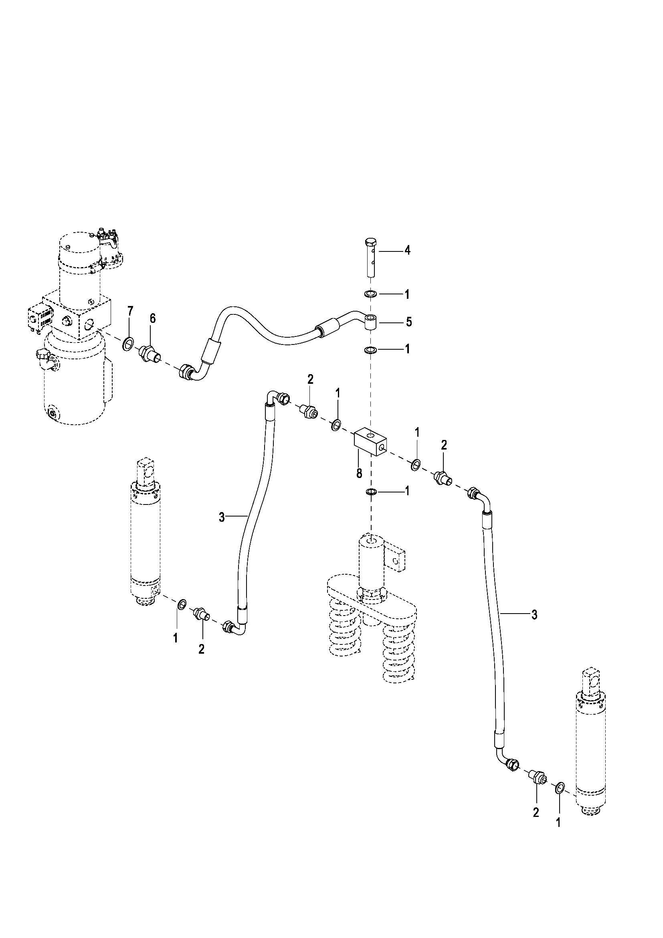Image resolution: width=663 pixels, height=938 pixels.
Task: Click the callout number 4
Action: [x=407, y=250]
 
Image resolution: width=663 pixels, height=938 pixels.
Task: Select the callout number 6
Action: [x=153, y=319]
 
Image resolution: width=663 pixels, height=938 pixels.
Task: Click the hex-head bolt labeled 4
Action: [x=371, y=257]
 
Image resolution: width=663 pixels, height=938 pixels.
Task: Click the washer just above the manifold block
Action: [x=371, y=350]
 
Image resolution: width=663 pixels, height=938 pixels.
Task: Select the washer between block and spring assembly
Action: [x=371, y=492]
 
